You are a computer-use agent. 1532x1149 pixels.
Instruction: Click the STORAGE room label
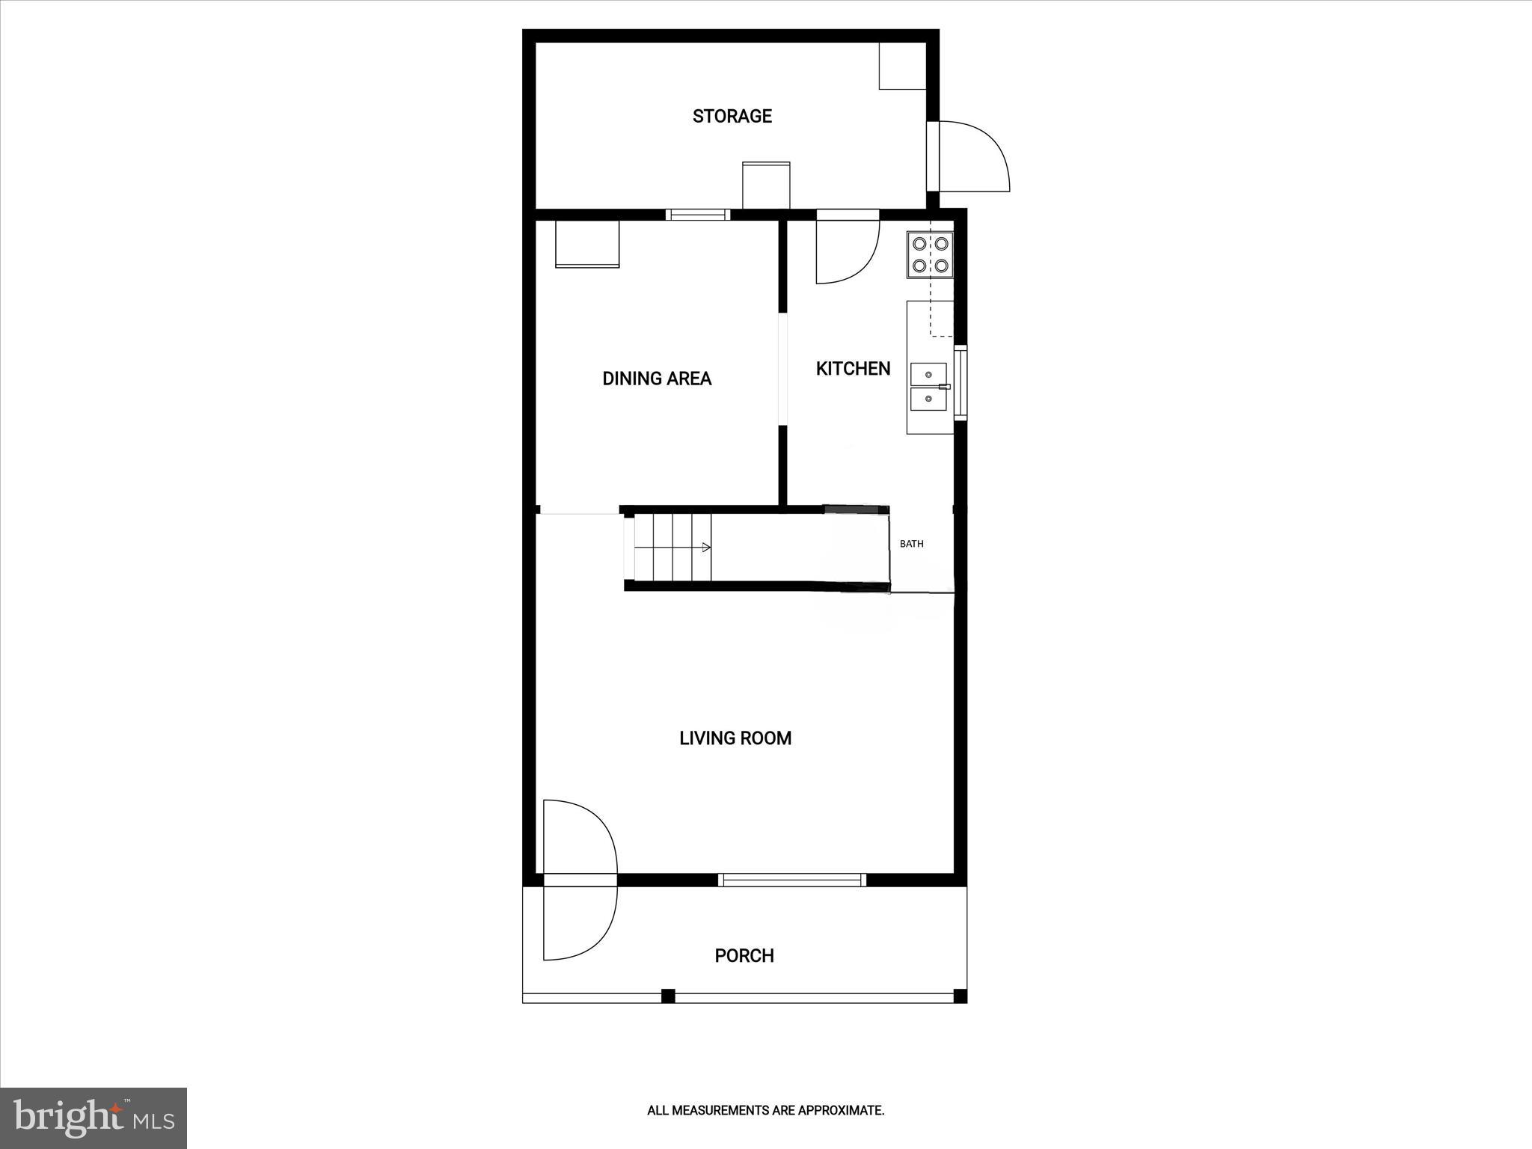732,116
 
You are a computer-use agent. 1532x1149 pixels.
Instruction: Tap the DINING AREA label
657,379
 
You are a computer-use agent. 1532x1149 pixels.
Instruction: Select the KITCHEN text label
853,369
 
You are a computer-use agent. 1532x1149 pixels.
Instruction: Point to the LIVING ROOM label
735,738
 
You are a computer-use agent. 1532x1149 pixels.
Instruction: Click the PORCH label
744,955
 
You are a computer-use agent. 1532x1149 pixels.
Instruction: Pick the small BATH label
911,544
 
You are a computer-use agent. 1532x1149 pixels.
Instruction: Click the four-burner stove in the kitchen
930,254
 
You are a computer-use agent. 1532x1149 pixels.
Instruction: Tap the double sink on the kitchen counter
928,387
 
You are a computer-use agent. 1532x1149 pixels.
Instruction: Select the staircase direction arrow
705,548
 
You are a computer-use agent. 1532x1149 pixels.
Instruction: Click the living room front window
792,880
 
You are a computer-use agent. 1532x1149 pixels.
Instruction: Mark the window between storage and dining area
698,215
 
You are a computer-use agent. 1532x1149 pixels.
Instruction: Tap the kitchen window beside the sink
960,382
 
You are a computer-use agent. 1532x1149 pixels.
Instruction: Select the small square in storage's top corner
902,67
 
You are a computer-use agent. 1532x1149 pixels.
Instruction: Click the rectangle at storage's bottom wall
766,185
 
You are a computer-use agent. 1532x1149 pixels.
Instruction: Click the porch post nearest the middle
668,996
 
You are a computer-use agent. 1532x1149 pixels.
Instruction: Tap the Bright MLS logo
94,1118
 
